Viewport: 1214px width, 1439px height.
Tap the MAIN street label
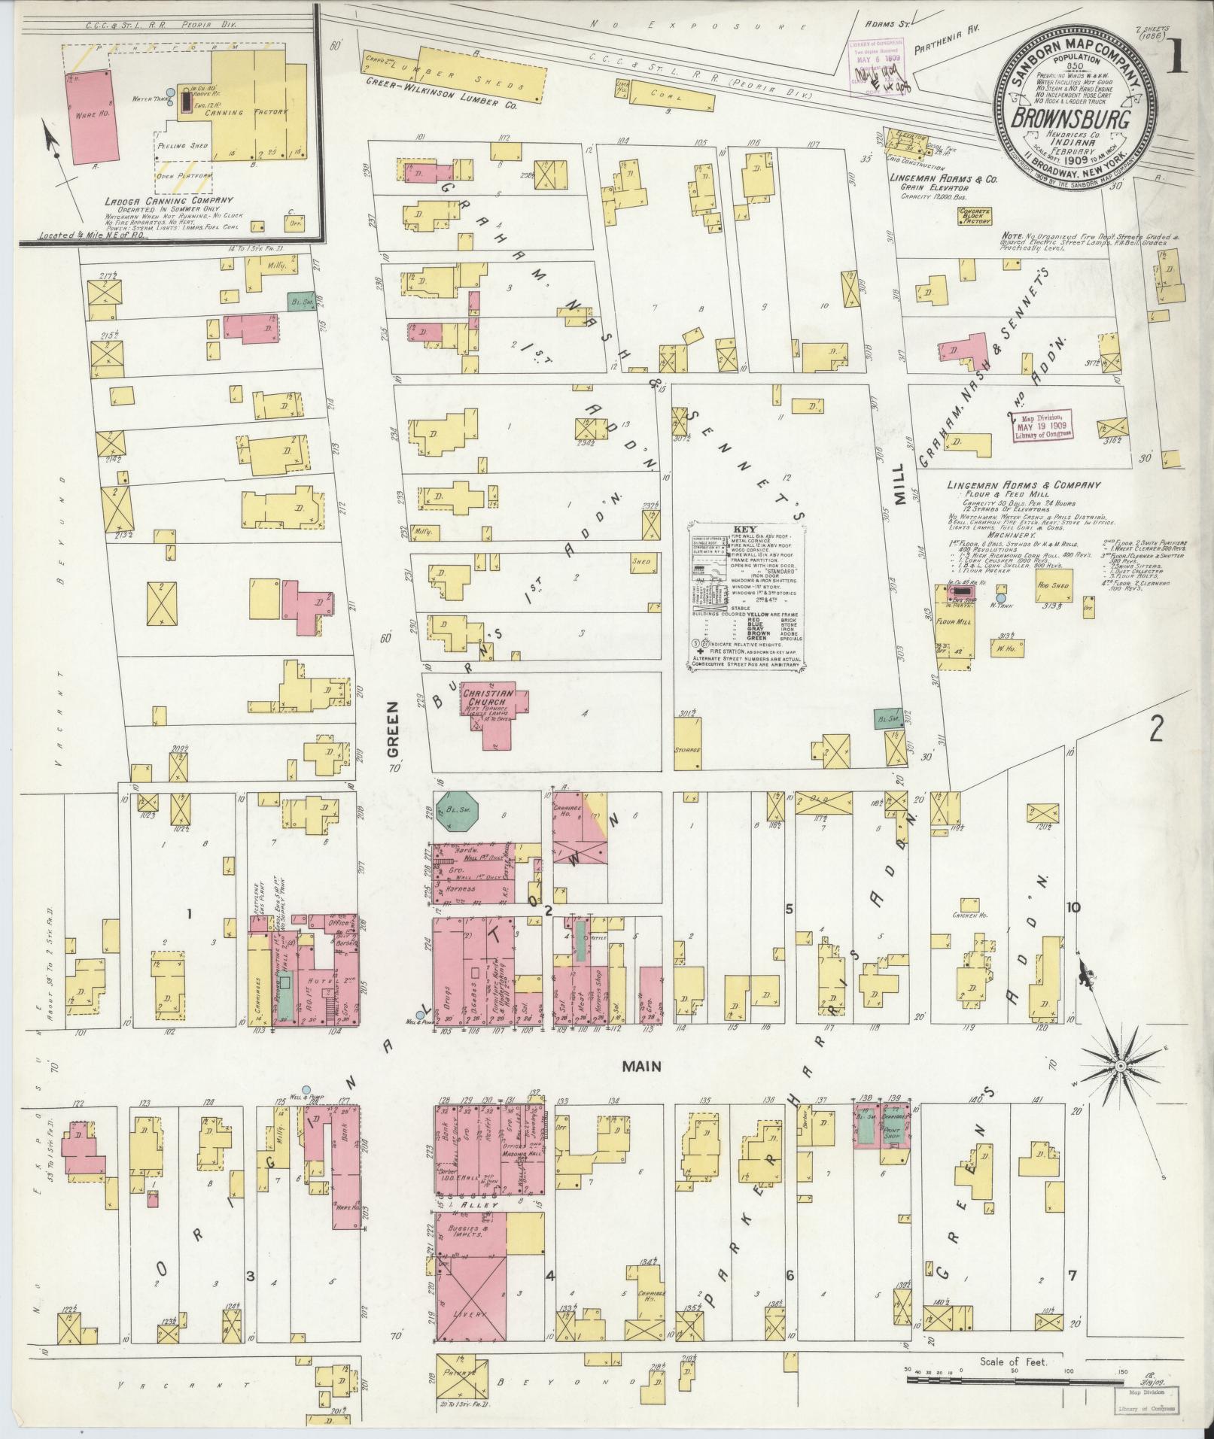[642, 1066]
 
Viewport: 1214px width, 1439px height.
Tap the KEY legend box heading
[744, 529]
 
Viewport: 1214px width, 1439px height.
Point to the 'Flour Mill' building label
[951, 622]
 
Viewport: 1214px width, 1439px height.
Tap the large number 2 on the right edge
[1157, 728]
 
